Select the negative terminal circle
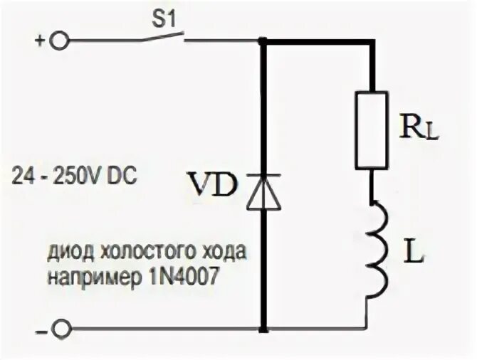[x=62, y=330]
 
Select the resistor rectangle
[x=372, y=129]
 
